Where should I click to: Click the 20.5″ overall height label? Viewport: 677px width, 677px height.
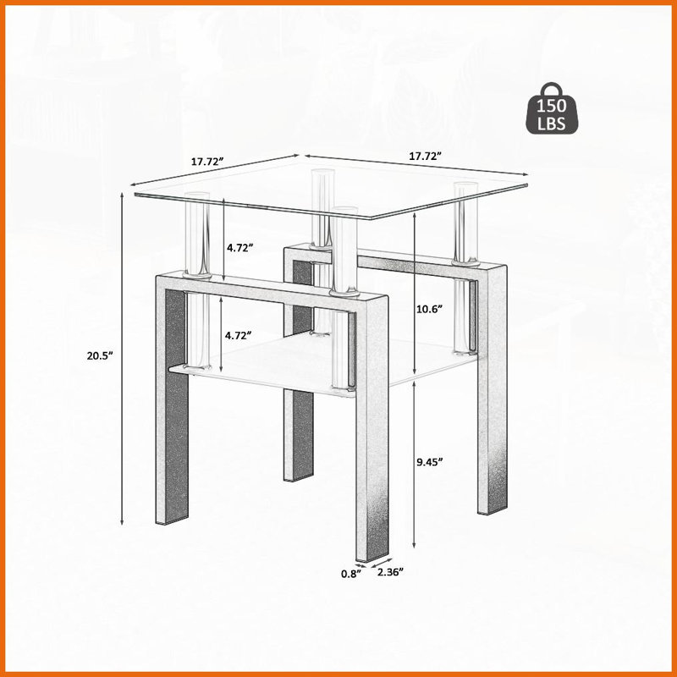point(100,355)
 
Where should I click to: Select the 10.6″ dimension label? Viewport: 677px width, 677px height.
point(430,309)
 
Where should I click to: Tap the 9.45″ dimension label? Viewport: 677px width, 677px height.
point(430,462)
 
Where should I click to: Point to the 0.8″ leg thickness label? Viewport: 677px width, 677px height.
point(350,574)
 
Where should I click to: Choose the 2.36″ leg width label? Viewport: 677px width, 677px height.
point(390,572)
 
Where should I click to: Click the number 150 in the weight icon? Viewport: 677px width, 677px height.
point(552,106)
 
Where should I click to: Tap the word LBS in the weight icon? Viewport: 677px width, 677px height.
point(552,124)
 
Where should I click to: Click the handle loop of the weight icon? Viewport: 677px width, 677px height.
point(552,90)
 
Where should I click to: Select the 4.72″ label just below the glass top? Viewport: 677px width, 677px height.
point(239,248)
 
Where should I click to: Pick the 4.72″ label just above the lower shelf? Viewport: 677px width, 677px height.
point(239,335)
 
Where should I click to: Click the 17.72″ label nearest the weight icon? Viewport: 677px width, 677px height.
point(426,156)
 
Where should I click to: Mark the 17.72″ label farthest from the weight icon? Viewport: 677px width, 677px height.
point(207,162)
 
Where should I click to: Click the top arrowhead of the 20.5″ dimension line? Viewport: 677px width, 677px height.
point(122,195)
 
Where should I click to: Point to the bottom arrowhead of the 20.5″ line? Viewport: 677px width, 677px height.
point(122,522)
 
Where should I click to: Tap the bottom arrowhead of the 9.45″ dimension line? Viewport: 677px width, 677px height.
point(414,545)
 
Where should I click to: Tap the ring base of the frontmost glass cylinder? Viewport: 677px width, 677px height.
point(344,293)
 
